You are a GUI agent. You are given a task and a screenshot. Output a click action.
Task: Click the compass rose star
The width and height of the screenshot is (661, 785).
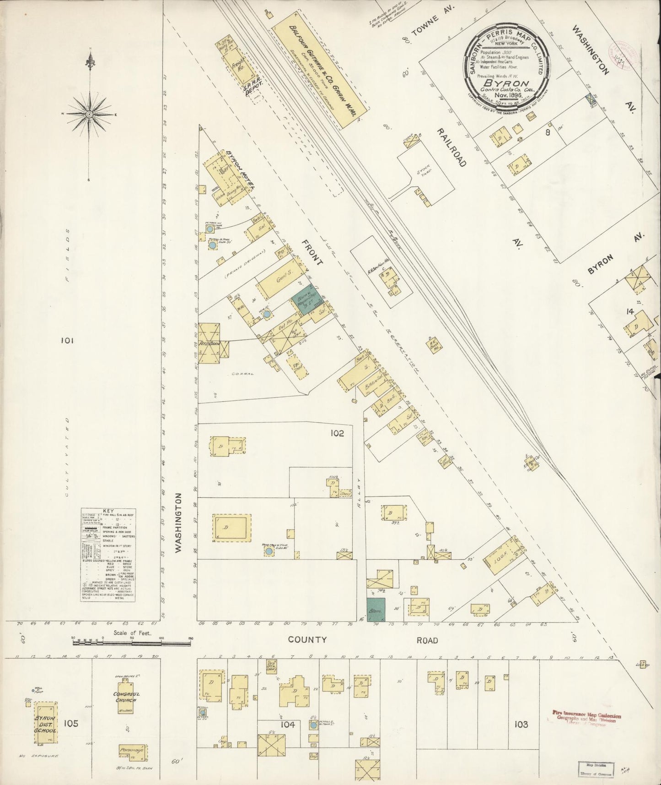tap(90, 113)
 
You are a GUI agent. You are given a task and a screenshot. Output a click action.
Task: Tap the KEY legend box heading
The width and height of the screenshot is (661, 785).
tap(108, 511)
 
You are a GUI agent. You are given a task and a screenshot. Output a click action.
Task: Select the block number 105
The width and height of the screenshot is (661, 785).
tap(71, 724)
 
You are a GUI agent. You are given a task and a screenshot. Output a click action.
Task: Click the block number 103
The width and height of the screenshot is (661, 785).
tap(521, 724)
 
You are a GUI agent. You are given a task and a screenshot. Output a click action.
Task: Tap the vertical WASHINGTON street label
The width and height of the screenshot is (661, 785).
tap(178, 522)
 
